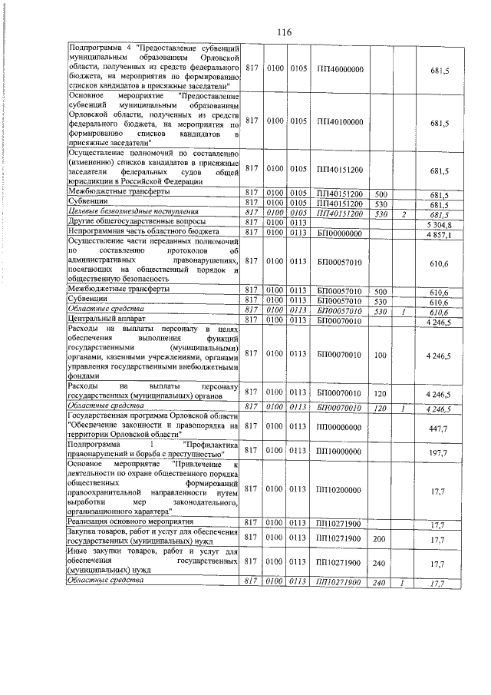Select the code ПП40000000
[x=340, y=68]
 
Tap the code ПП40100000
[x=340, y=121]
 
